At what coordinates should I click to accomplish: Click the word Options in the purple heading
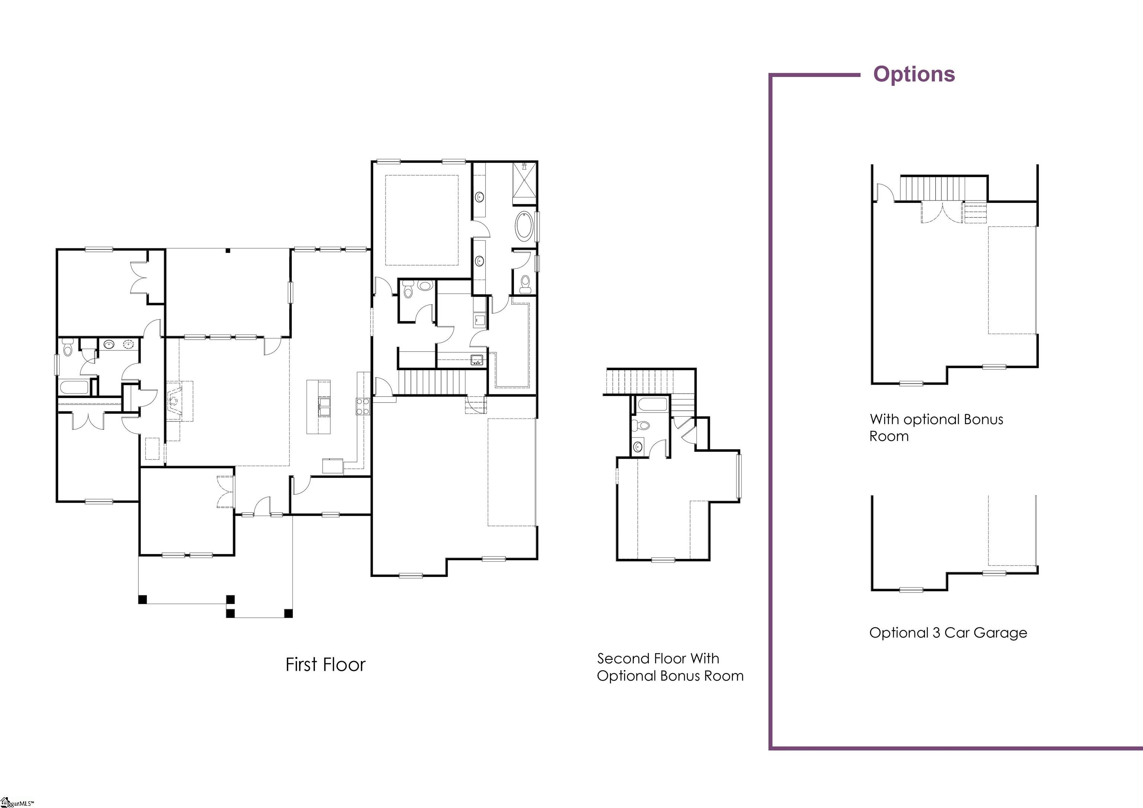click(x=914, y=74)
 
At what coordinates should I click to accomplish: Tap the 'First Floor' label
click(x=325, y=665)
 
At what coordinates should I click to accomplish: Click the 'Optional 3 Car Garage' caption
click(x=948, y=633)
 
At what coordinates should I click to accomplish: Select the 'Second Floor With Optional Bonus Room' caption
click(x=670, y=667)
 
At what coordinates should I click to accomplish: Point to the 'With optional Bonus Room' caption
click(x=936, y=427)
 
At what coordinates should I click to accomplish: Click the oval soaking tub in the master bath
click(x=524, y=227)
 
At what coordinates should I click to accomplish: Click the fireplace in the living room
click(x=174, y=400)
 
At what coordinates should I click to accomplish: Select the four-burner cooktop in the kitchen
click(x=362, y=406)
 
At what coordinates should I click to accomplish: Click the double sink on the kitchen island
click(x=324, y=406)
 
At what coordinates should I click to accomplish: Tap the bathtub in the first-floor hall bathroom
click(x=74, y=387)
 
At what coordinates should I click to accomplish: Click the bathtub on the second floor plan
click(x=651, y=405)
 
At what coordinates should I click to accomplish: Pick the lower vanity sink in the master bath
click(x=480, y=260)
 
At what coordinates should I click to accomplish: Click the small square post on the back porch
click(x=227, y=250)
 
